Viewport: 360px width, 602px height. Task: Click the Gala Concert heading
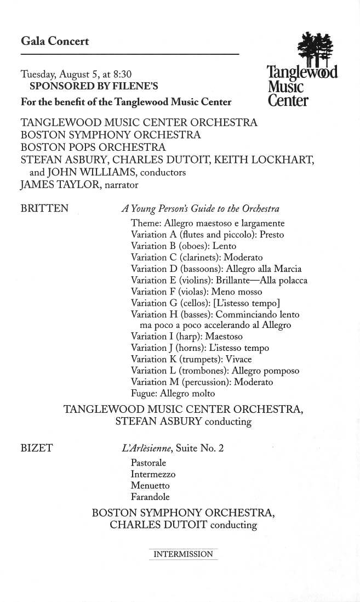click(55, 41)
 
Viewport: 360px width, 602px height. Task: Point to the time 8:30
click(122, 74)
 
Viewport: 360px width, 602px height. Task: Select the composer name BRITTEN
click(44, 208)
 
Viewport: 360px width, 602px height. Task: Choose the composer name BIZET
click(36, 448)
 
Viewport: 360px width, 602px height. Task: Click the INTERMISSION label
click(183, 554)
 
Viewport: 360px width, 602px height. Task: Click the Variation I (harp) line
click(186, 337)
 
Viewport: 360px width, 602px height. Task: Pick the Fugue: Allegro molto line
click(173, 394)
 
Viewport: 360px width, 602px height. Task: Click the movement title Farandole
click(150, 497)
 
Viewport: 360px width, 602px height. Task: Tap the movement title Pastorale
click(148, 463)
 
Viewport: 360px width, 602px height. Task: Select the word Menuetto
click(150, 486)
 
